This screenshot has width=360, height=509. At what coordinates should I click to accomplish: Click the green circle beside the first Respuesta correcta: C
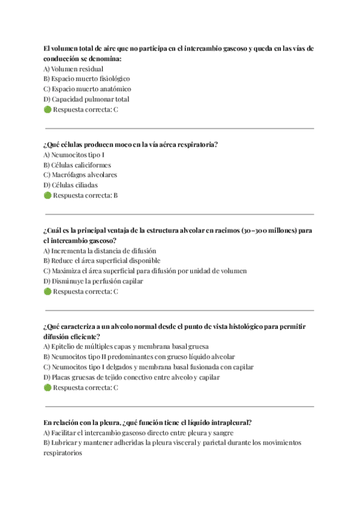(48, 110)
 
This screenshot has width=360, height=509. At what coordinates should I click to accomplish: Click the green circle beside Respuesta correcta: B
(48, 196)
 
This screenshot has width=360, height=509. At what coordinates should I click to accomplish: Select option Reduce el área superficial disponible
(102, 261)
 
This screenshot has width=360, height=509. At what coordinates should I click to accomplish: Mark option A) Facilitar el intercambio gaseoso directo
(138, 433)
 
